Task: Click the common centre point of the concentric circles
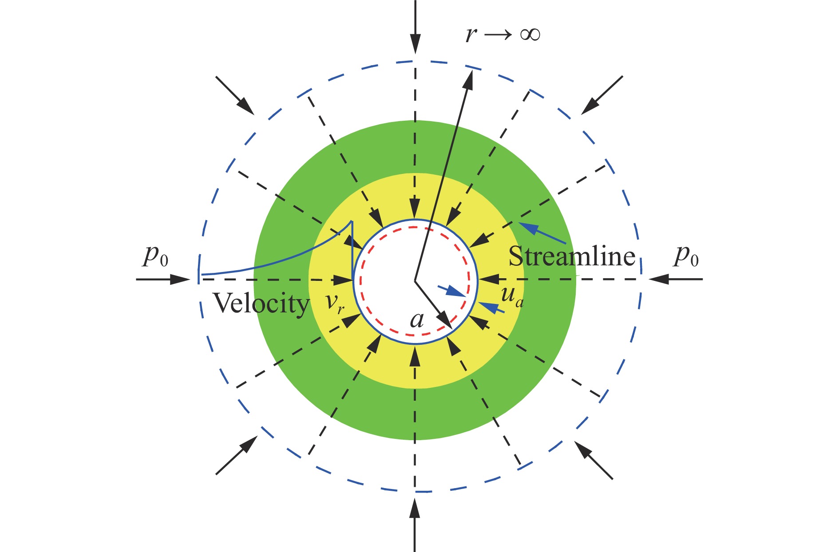pos(415,280)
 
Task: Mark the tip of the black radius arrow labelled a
pos(452,329)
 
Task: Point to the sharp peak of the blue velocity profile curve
pos(352,221)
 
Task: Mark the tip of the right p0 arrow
pos(649,280)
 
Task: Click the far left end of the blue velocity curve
pos(202,275)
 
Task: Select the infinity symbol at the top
pos(530,35)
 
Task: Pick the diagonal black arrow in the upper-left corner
pos(235,95)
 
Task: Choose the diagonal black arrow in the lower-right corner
pos(594,460)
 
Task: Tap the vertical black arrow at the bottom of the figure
pos(415,525)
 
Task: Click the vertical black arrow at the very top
pos(415,27)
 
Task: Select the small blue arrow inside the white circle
pos(452,292)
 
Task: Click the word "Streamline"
pos(572,256)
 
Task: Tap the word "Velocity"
pos(261,304)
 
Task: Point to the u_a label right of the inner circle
pos(512,296)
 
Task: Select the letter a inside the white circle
pos(417,319)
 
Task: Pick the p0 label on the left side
pos(155,256)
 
